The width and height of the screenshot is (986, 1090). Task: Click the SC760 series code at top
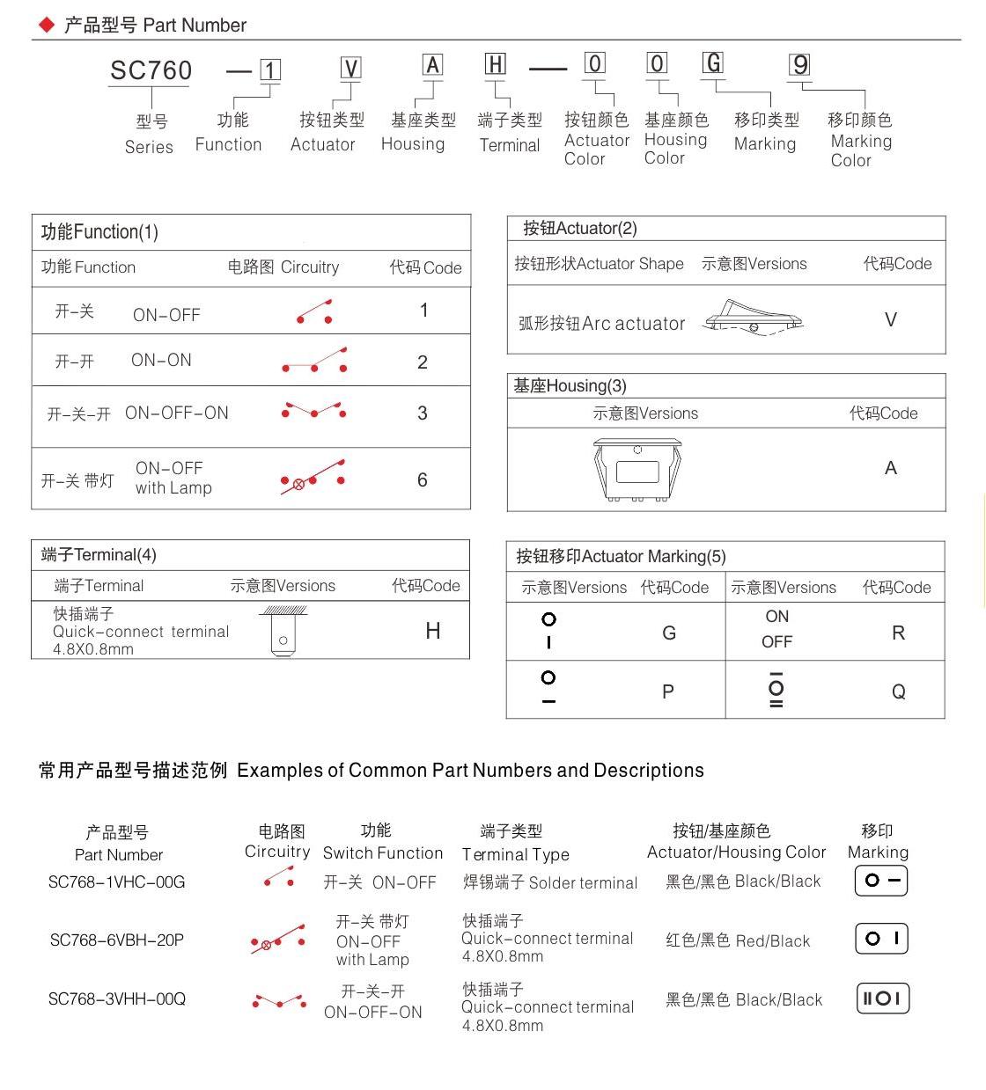click(x=151, y=70)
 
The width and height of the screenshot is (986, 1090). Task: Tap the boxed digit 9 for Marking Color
click(x=799, y=65)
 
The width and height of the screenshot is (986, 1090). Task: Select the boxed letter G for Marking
click(x=713, y=63)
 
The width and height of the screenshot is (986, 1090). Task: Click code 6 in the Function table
click(x=423, y=480)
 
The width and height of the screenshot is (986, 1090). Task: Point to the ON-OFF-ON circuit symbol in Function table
click(x=313, y=411)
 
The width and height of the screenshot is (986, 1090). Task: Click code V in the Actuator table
click(x=891, y=320)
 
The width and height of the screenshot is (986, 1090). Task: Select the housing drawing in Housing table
click(x=638, y=469)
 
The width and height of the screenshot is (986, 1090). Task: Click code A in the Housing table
click(x=891, y=468)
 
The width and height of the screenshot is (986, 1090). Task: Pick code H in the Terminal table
click(x=432, y=631)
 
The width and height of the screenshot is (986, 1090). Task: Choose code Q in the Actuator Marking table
click(x=898, y=692)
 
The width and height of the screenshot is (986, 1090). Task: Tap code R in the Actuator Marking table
click(x=898, y=633)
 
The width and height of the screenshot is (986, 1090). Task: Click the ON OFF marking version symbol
click(x=776, y=629)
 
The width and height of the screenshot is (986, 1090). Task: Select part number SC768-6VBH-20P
click(x=117, y=940)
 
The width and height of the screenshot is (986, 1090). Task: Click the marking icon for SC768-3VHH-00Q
click(x=882, y=999)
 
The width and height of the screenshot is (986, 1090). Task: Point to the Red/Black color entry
click(x=738, y=941)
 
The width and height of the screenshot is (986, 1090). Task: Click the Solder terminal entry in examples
click(x=550, y=882)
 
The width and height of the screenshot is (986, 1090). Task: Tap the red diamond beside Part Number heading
click(x=47, y=25)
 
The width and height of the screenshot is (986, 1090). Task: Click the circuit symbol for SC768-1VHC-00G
click(x=279, y=877)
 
